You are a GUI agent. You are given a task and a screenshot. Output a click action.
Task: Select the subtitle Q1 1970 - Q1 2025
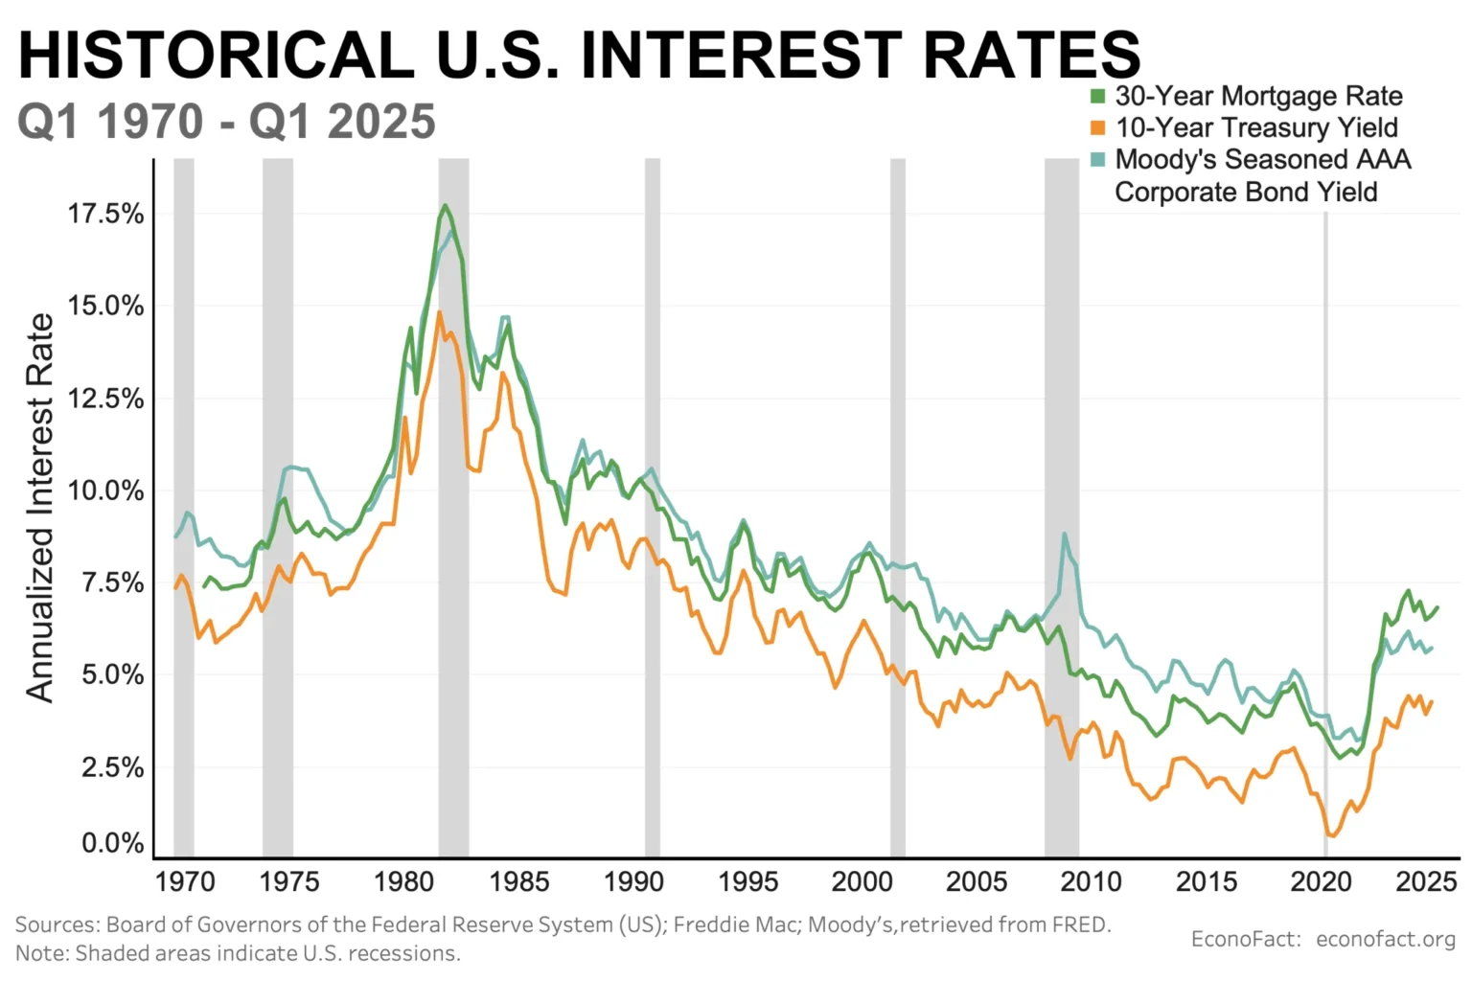226,122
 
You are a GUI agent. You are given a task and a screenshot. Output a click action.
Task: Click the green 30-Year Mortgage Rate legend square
1098,96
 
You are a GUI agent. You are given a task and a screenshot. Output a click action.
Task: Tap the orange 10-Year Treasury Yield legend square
1098,127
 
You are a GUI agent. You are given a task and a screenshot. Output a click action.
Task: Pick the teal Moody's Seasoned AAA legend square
1098,159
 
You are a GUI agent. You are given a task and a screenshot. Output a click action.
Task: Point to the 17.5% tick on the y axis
105,214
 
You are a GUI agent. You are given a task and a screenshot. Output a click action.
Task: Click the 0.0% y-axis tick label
112,843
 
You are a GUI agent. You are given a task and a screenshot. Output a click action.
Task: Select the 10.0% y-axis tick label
105,490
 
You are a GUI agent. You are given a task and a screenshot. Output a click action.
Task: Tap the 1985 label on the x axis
518,881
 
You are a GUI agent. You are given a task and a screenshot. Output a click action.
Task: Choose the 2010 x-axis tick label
1091,881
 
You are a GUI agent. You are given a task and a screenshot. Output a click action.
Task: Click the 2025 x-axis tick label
1426,881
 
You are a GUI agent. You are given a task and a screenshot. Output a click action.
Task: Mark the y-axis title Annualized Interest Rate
40,508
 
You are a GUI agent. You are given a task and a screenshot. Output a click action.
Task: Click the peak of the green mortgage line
445,205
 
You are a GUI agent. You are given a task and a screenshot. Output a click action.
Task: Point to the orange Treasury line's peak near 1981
440,312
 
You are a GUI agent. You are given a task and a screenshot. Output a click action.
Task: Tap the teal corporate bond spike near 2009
1064,535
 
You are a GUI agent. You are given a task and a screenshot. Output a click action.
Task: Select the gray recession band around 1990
653,508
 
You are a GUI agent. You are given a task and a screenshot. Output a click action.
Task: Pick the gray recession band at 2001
898,508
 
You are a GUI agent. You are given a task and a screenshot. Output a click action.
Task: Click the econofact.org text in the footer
1386,939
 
